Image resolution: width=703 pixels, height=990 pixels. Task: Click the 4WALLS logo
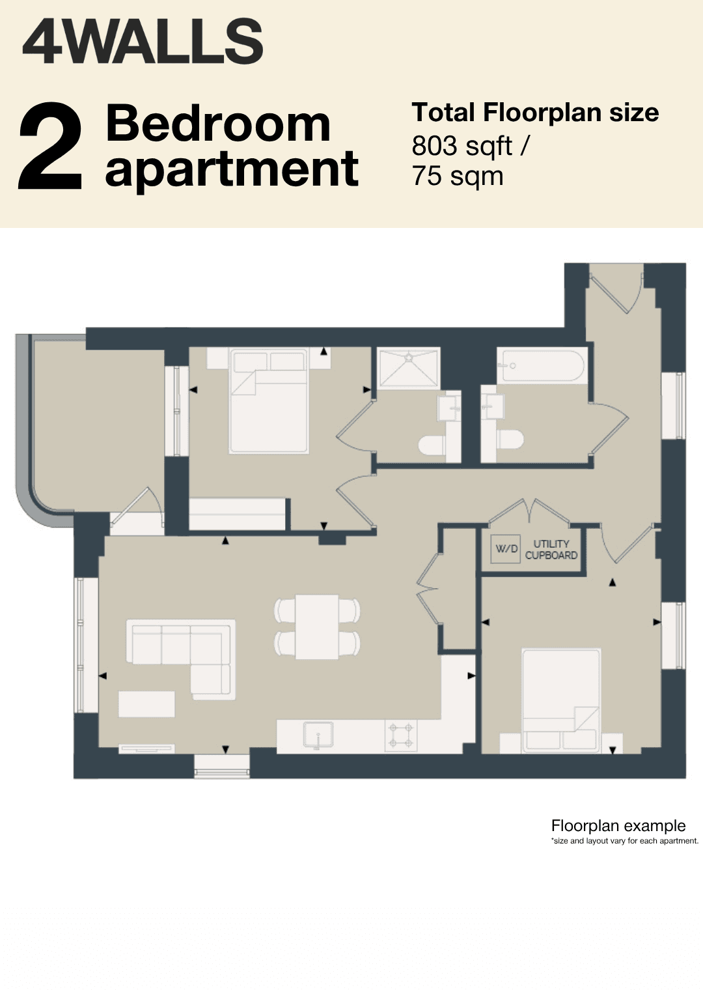143,41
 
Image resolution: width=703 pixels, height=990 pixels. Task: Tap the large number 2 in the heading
50,147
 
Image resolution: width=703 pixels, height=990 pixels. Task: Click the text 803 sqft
462,146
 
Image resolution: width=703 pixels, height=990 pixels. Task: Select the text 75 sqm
458,176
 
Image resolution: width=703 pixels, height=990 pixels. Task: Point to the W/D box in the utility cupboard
505,549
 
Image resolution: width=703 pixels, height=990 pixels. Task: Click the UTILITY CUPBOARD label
551,549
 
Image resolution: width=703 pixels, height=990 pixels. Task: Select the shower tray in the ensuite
409,368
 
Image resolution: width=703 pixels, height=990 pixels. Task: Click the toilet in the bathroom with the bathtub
510,440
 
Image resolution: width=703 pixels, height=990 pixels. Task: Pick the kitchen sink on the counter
318,735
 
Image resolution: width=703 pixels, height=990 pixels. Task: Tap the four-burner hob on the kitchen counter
401,736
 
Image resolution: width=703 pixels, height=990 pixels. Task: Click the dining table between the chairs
317,627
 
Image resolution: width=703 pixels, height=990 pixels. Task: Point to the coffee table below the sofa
146,704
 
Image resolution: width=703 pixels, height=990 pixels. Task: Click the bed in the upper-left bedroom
268,401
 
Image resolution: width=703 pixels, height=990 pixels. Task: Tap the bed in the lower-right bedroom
561,701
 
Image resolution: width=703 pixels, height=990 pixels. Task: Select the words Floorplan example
618,826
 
